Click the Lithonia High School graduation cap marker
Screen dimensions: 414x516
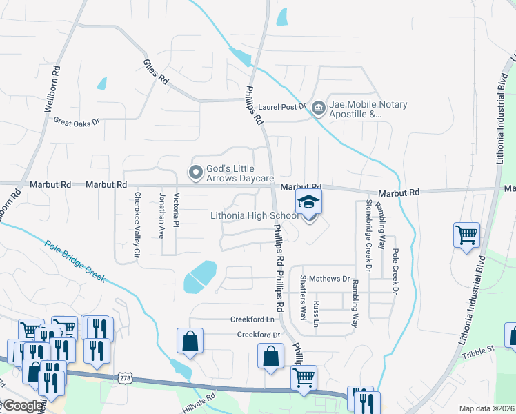click(309, 201)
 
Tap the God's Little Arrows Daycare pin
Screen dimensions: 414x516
click(197, 170)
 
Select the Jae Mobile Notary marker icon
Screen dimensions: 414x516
click(318, 108)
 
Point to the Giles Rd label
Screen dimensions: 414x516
click(155, 71)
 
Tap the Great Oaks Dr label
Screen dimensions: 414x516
click(77, 121)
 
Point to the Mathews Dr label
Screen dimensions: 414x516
click(329, 279)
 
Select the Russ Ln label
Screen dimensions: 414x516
click(316, 313)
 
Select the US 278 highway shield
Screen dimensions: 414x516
click(125, 378)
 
